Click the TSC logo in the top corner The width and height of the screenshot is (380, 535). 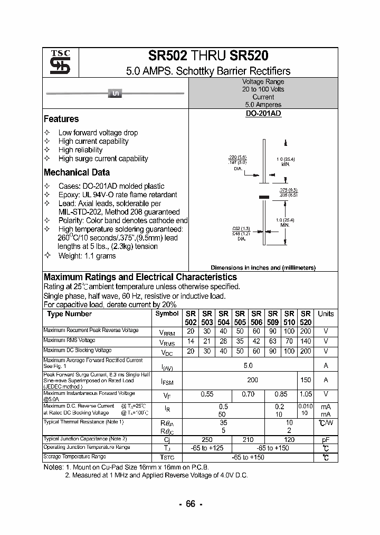click(x=56, y=63)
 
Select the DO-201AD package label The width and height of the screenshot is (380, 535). click(x=263, y=114)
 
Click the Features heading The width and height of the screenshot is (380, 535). click(x=61, y=119)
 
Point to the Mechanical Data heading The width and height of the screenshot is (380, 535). click(x=77, y=172)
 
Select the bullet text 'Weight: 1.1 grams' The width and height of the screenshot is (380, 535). click(x=87, y=256)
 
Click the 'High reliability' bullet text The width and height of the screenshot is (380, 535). click(x=80, y=150)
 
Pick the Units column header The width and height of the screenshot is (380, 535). click(x=326, y=313)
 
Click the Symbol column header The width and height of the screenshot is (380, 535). click(x=167, y=313)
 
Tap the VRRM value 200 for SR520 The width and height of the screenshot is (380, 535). click(x=306, y=331)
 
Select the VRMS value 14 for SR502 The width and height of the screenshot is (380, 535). click(x=191, y=342)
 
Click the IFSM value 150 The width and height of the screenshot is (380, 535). click(x=306, y=380)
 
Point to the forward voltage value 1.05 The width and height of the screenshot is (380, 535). click(x=306, y=394)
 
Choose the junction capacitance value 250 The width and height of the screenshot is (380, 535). click(x=207, y=440)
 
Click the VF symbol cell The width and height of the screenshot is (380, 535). click(x=167, y=395)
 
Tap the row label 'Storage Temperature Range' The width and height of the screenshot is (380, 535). click(x=74, y=456)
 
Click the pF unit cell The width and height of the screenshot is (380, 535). click(x=326, y=440)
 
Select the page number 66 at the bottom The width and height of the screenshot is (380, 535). click(x=190, y=504)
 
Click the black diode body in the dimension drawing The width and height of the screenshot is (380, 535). click(x=264, y=197)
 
